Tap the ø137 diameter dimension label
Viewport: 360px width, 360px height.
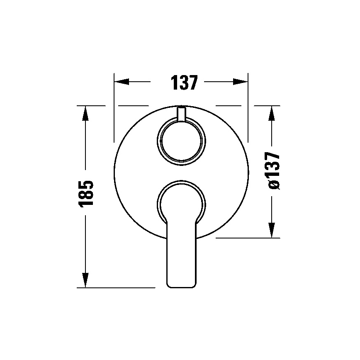[x=273, y=170]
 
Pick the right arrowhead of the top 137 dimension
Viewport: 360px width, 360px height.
[x=241, y=82]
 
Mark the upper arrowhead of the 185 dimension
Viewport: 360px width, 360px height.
[x=85, y=113]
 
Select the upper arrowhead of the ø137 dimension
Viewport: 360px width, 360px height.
[x=272, y=113]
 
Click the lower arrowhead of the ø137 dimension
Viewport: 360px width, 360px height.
[x=272, y=230]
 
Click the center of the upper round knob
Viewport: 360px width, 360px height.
[x=181, y=140]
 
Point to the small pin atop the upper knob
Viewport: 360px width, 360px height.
[x=181, y=114]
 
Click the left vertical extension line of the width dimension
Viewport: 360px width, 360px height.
[x=114, y=108]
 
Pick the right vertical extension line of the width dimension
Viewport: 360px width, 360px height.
[x=248, y=108]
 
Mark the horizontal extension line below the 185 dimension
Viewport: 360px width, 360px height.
[x=116, y=287]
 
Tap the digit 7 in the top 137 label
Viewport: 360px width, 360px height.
[x=190, y=83]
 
